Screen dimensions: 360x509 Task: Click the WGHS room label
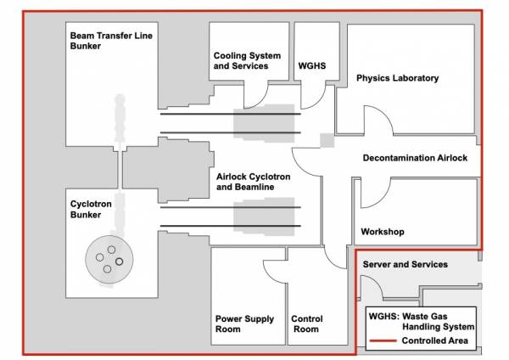[x=312, y=65]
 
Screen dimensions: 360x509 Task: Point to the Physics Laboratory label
[x=397, y=79]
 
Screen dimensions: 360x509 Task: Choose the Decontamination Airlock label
[x=415, y=158]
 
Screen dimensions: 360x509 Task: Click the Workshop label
[x=383, y=232]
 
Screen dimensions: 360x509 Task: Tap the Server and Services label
[x=405, y=265]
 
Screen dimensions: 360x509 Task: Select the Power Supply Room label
[x=244, y=323]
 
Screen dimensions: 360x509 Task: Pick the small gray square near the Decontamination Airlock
[x=326, y=140]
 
